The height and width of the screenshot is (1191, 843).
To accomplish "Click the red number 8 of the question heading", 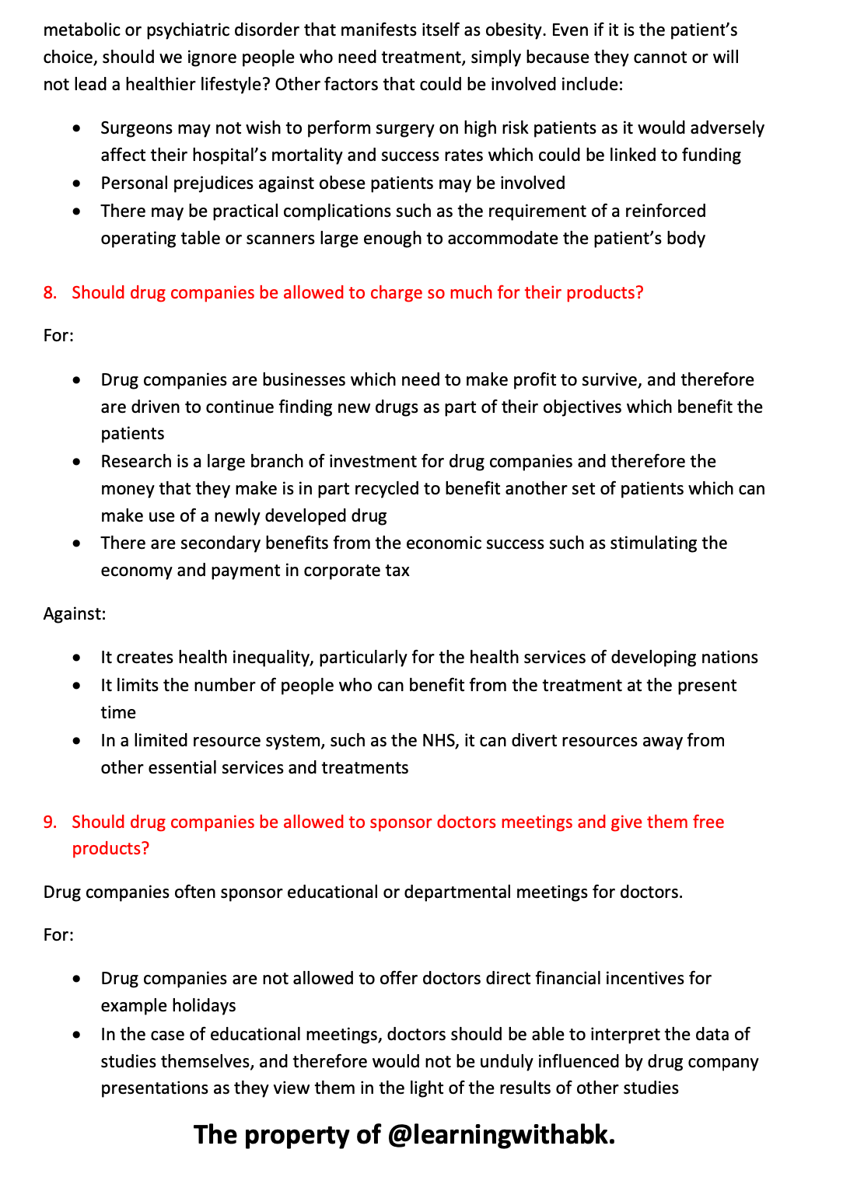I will pos(49,293).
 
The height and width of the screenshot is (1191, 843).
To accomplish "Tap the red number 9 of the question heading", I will pos(49,823).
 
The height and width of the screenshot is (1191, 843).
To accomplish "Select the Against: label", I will pos(75,614).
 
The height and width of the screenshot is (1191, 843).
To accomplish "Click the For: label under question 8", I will pos(58,336).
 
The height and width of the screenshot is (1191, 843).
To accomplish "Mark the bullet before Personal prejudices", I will pos(76,184).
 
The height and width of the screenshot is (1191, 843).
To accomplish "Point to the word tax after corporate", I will pos(397,571).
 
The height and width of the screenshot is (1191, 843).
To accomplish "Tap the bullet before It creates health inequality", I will pos(76,658).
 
